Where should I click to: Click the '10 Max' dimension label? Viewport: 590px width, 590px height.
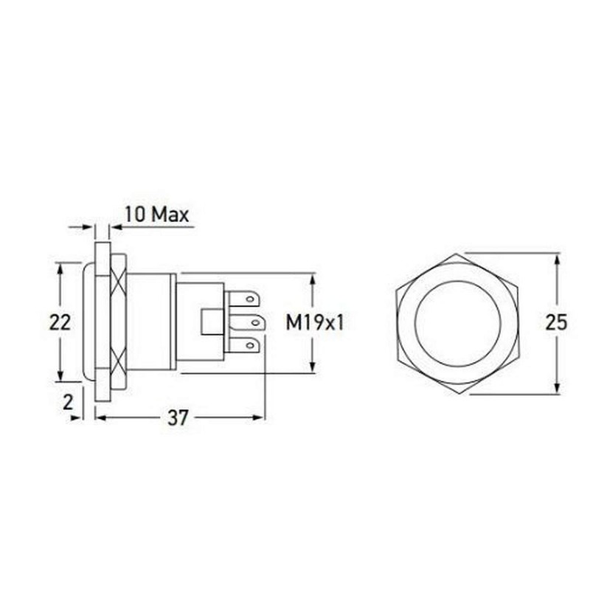[x=156, y=215]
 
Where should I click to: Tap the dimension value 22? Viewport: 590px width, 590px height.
[x=60, y=322]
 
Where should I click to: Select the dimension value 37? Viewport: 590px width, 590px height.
[x=177, y=418]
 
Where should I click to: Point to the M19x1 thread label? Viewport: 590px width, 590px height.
[x=315, y=322]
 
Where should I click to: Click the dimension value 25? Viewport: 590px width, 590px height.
[x=557, y=322]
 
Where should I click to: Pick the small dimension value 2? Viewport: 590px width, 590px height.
[x=69, y=402]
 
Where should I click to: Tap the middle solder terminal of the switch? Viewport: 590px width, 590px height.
[x=247, y=322]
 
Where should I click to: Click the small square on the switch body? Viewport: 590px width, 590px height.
[x=212, y=322]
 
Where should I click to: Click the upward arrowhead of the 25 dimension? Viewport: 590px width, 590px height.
[x=557, y=259]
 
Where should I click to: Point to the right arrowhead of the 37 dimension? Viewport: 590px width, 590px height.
[x=259, y=417]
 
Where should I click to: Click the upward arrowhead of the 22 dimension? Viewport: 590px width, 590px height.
[x=60, y=268]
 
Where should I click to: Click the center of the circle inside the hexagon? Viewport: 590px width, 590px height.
[x=457, y=323]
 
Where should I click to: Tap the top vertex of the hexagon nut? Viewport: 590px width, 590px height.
[x=457, y=254]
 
